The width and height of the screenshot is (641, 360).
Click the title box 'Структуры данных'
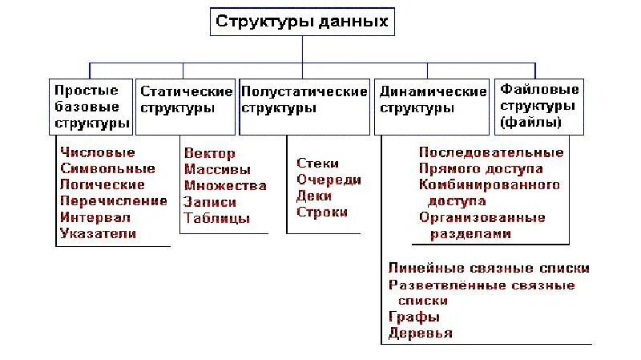302,22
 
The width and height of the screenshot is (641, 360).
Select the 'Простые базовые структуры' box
91,107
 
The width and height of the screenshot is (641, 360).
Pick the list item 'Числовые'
98,152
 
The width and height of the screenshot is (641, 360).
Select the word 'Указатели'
98,234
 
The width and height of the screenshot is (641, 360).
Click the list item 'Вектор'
209,153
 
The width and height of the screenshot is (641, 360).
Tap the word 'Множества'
225,185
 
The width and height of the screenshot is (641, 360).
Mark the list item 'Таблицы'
216,218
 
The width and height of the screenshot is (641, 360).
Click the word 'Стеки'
317,163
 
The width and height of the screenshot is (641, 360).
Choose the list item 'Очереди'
329,180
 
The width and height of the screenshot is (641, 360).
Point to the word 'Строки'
322,212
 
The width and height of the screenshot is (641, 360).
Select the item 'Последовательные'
491,152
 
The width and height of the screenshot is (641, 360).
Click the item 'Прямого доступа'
481,168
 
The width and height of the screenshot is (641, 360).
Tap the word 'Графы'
411,317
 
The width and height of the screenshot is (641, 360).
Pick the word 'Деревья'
420,333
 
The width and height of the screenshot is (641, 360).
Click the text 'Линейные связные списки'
489,268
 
